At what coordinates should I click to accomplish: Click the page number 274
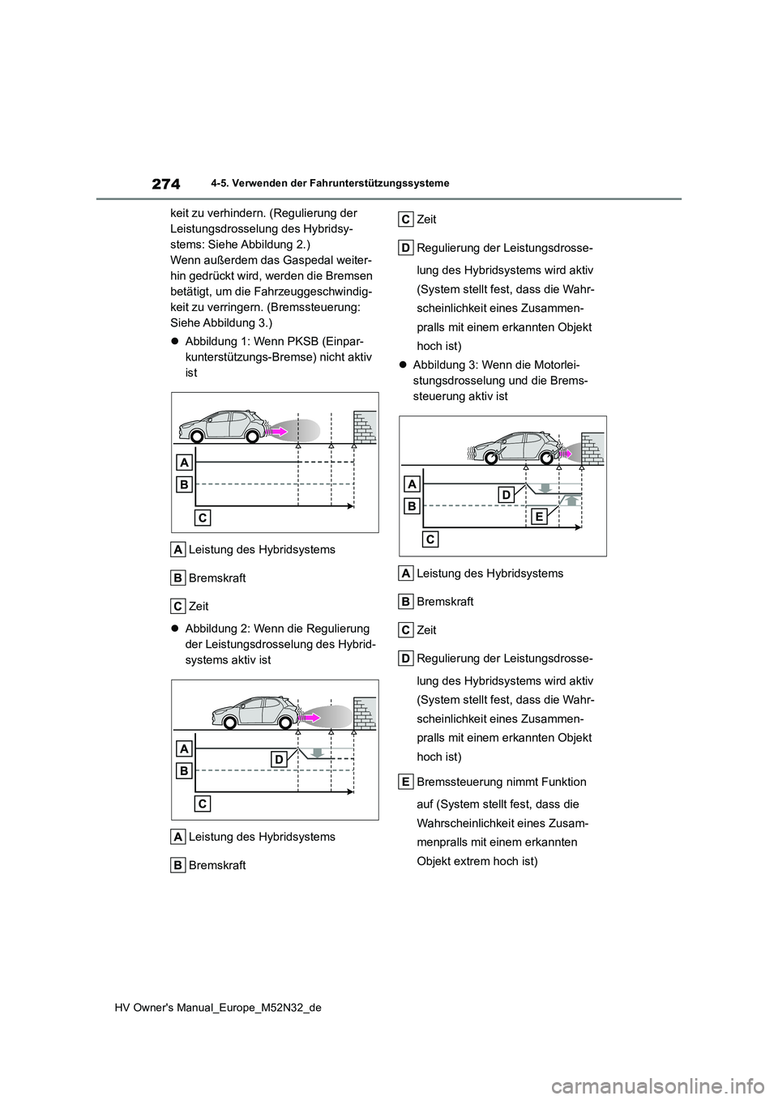[165, 184]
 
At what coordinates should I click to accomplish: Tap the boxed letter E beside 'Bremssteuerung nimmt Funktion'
[407, 782]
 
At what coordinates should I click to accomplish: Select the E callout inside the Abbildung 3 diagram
[539, 516]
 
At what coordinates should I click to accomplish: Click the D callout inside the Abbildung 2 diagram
[278, 759]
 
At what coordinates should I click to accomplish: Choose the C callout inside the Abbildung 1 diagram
[203, 518]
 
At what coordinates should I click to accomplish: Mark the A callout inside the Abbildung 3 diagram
[412, 484]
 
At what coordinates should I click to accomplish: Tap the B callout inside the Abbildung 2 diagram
[184, 770]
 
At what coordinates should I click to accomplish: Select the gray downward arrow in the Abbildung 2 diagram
[318, 752]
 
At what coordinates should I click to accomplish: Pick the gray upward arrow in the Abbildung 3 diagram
[571, 500]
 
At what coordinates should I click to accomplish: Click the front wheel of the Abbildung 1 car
[252, 437]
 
